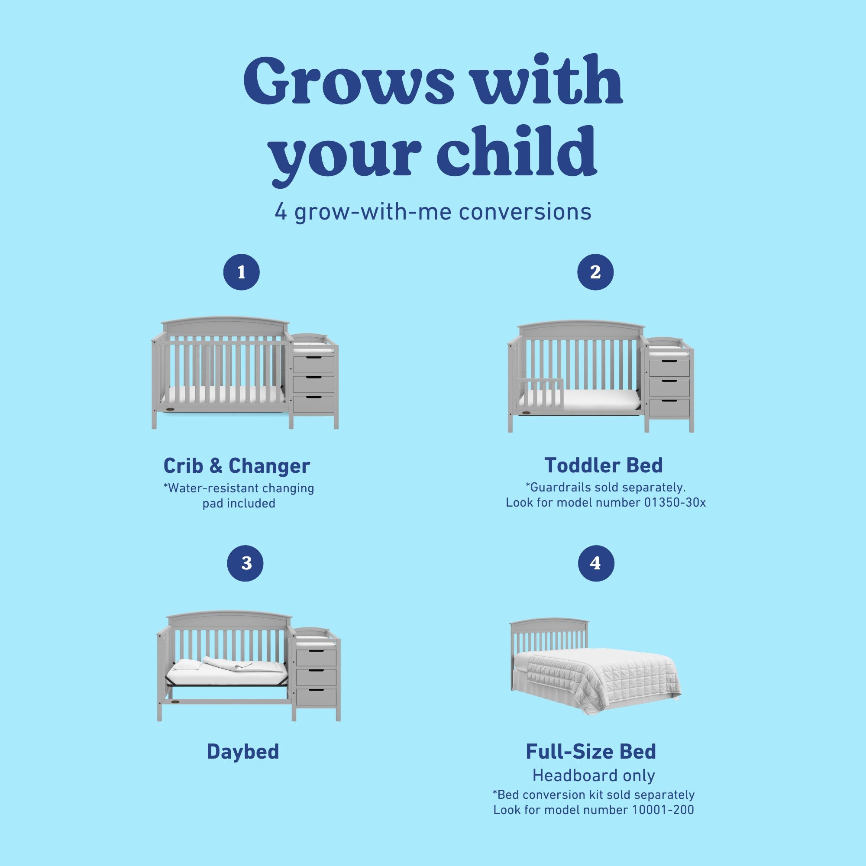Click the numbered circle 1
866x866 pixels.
pyautogui.click(x=241, y=272)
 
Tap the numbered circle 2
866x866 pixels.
pyautogui.click(x=595, y=271)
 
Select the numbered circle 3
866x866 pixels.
pyautogui.click(x=245, y=563)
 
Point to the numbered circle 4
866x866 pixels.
pyautogui.click(x=596, y=563)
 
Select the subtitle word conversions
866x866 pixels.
pyautogui.click(x=525, y=212)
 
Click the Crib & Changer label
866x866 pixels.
pyautogui.click(x=237, y=466)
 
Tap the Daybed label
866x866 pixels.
pyautogui.click(x=243, y=751)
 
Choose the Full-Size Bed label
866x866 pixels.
pyautogui.click(x=591, y=751)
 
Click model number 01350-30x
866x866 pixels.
pyautogui.click(x=675, y=502)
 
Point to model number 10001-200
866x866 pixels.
pyautogui.click(x=663, y=810)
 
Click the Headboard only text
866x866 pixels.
pyautogui.click(x=594, y=775)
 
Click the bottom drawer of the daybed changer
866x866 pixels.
pyautogui.click(x=316, y=696)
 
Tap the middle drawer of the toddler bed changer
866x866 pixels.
pyautogui.click(x=669, y=388)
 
